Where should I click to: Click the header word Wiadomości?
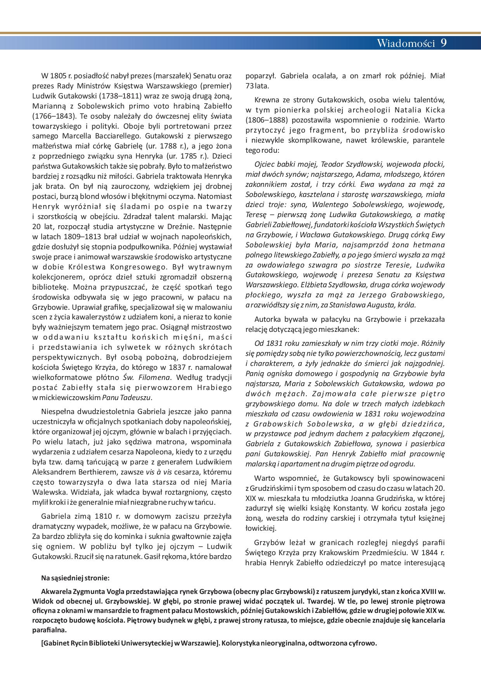click(406, 43)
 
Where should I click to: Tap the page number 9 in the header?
click(444, 43)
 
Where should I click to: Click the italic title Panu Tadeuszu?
click(127, 397)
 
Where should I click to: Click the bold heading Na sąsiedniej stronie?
click(75, 578)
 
